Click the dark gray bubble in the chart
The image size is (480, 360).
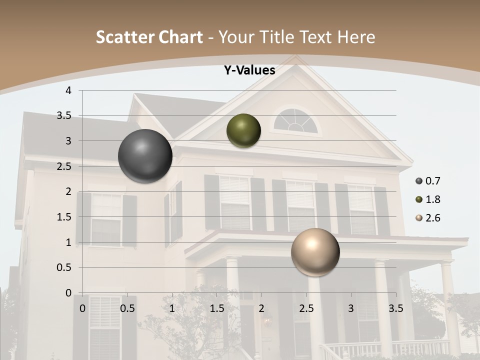pyautogui.click(x=145, y=156)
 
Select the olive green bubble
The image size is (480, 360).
pyautogui.click(x=243, y=130)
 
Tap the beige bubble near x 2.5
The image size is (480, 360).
pyautogui.click(x=315, y=252)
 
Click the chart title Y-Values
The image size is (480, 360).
pyautogui.click(x=249, y=70)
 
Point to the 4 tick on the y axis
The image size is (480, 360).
pyautogui.click(x=68, y=90)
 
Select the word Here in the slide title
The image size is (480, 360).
pyautogui.click(x=356, y=37)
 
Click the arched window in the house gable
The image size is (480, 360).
pyautogui.click(x=296, y=122)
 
